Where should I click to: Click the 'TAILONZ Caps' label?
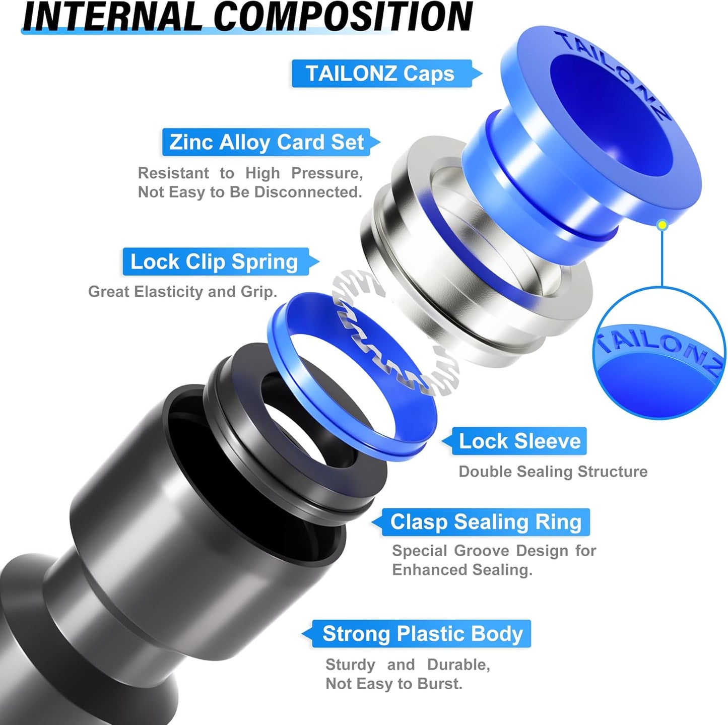(380, 74)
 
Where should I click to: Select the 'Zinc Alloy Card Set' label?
(267, 143)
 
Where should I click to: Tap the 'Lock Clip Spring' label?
(215, 262)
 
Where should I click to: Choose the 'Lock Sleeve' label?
(519, 441)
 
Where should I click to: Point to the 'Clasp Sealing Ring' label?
(486, 522)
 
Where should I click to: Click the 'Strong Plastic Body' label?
(422, 634)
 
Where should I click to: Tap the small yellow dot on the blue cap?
(663, 225)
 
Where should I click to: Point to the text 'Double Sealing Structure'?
(553, 472)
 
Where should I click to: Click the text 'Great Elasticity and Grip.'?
(182, 292)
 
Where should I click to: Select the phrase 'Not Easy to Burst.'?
(393, 684)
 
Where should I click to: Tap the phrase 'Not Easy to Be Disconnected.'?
(250, 192)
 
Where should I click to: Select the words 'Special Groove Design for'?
(494, 551)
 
